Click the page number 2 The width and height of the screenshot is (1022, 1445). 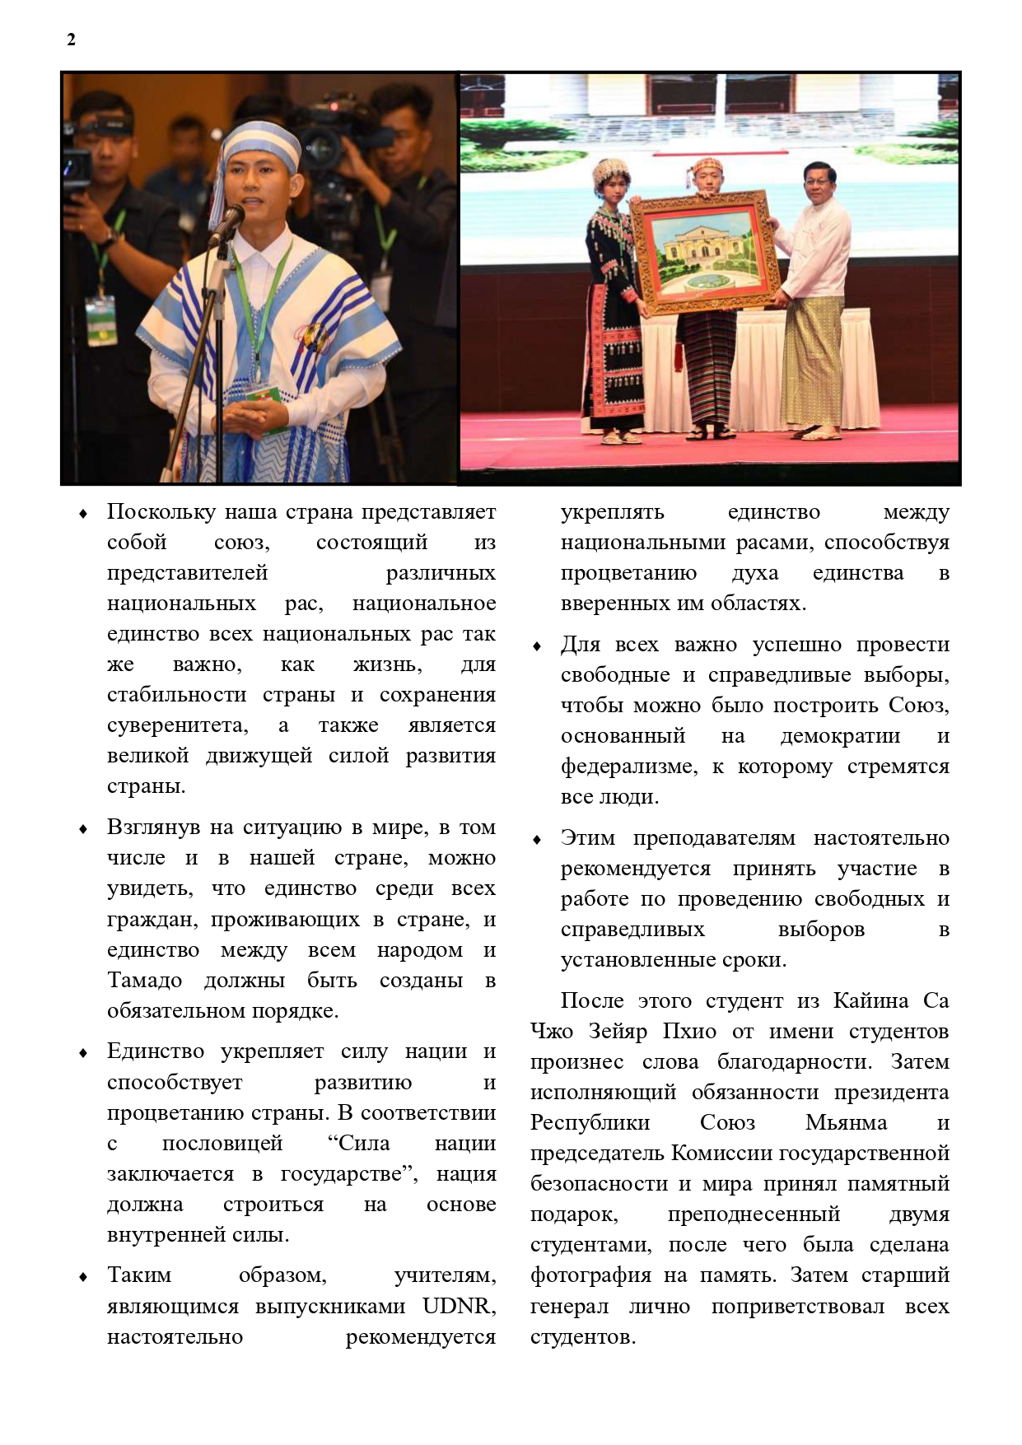tap(71, 40)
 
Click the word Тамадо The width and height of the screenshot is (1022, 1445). tap(144, 981)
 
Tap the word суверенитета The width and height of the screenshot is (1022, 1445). tap(176, 725)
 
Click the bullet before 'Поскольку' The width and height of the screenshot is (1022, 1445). tap(82, 514)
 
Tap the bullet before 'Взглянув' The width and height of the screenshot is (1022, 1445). tap(82, 829)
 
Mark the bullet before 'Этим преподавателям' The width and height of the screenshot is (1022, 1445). tap(537, 840)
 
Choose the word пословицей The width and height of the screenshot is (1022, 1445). tap(222, 1144)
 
